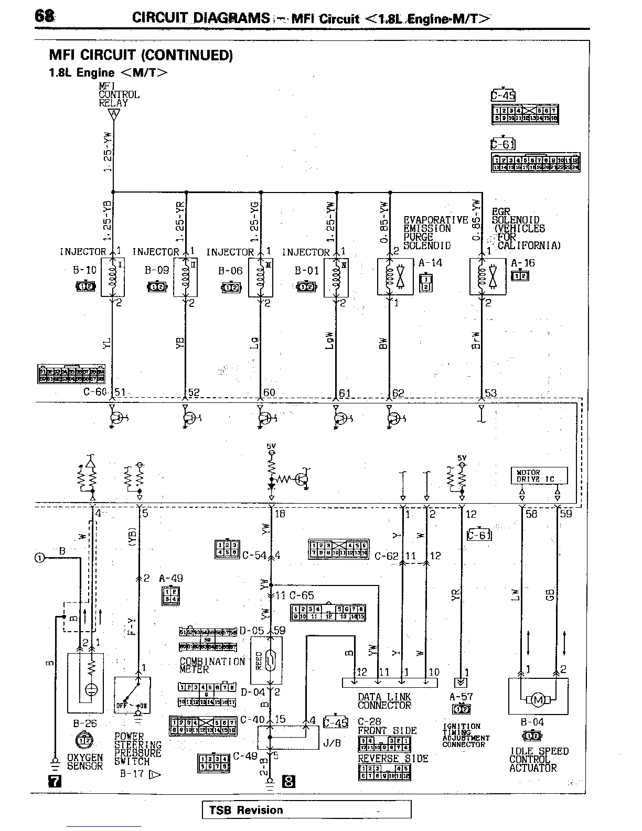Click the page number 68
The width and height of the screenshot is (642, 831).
44,16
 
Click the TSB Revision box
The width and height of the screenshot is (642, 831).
306,809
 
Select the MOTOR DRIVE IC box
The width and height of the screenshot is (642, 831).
539,476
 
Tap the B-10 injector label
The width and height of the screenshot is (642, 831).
84,270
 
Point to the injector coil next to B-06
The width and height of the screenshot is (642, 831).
260,277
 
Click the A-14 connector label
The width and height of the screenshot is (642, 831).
430,263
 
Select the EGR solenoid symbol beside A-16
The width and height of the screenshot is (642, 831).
488,276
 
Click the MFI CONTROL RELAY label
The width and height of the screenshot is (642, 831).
119,94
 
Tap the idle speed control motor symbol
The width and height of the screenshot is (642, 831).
538,699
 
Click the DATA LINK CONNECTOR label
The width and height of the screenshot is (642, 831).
384,701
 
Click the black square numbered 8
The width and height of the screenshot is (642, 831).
288,782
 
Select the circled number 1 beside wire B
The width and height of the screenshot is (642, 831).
39,558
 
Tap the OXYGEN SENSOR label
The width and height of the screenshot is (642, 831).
85,762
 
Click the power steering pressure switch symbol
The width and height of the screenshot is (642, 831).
133,694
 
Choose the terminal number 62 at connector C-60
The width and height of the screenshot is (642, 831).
399,392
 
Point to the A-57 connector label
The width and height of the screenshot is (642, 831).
461,697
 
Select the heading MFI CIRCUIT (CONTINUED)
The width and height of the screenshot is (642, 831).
141,55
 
